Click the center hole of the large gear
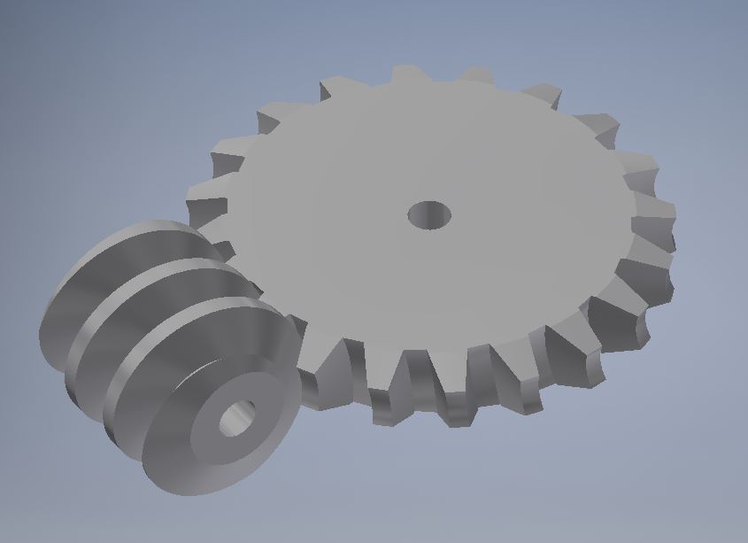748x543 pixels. (429, 214)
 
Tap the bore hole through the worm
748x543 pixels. (236, 418)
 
